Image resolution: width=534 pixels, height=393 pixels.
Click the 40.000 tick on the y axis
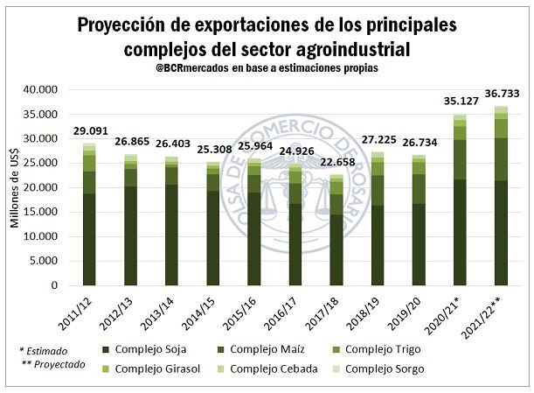pos(41,89)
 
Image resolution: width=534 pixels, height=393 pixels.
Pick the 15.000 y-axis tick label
pos(41,212)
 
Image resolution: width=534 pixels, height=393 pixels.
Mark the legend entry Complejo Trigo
pos(378,350)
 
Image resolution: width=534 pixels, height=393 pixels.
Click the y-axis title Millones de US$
pos(15,187)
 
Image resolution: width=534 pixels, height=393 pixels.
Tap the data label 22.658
pos(336,160)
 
